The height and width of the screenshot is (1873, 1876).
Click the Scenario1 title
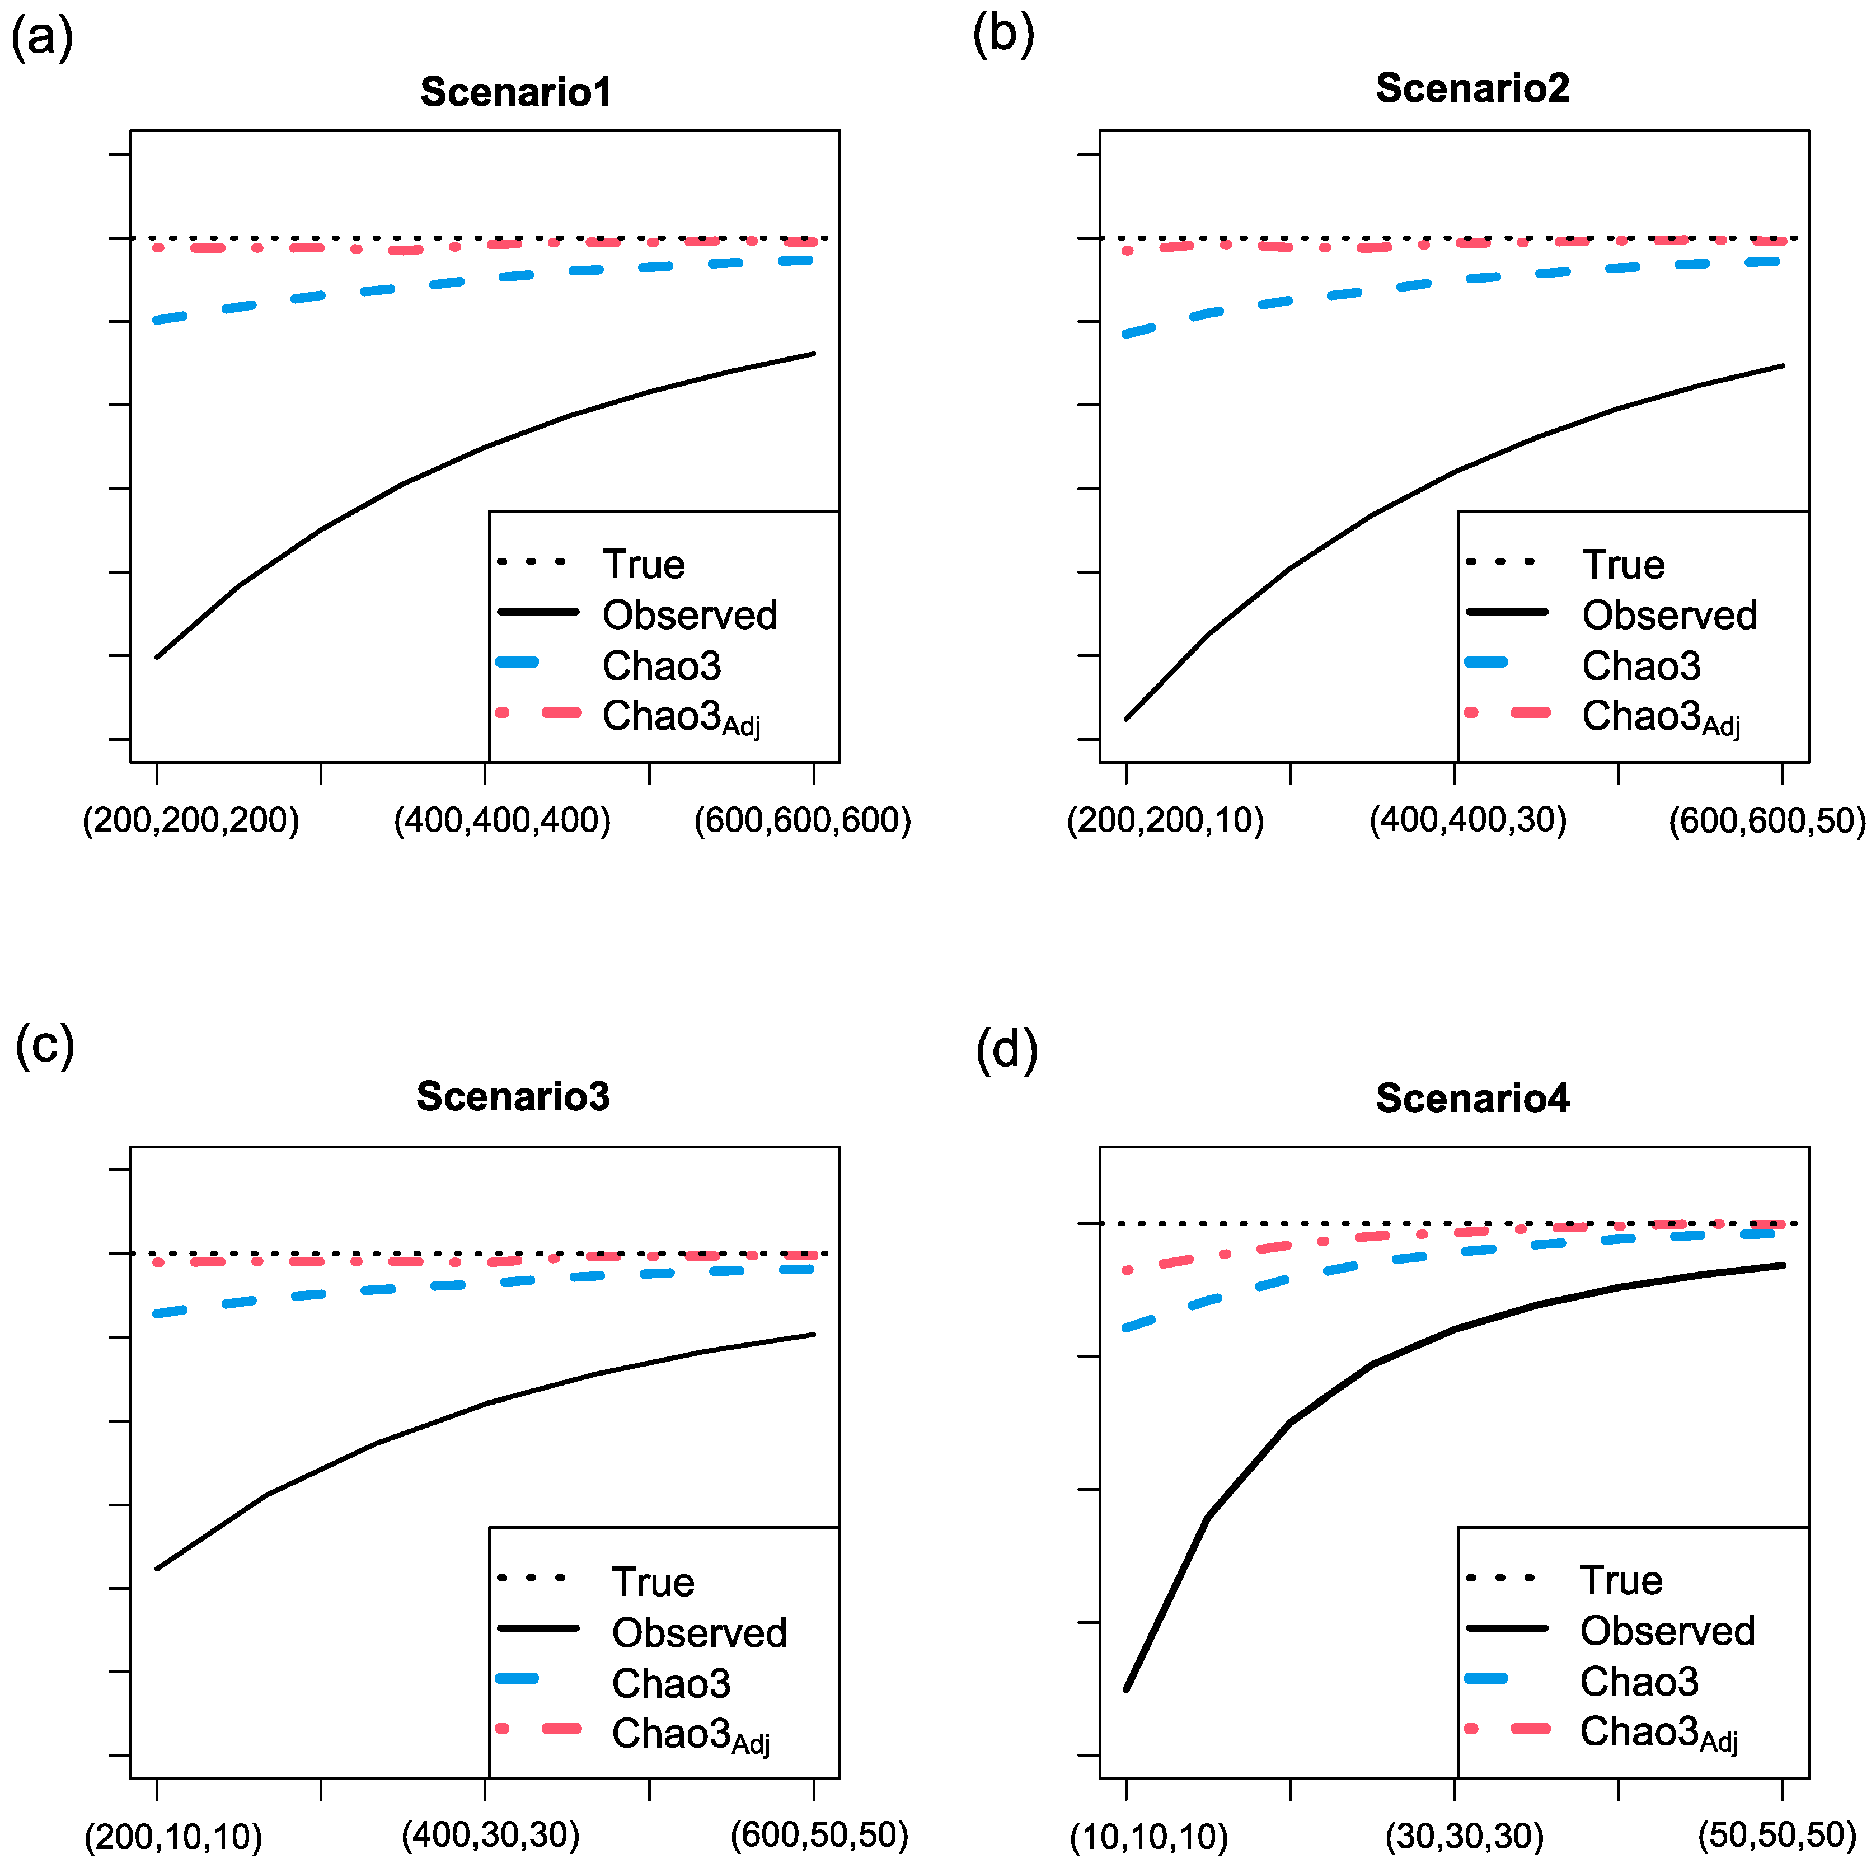point(515,92)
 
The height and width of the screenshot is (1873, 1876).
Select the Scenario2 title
point(1472,88)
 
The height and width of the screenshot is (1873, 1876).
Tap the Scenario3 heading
point(513,1096)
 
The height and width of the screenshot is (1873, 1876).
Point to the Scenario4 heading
point(1472,1098)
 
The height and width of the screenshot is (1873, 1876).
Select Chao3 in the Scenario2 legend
point(1641,666)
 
